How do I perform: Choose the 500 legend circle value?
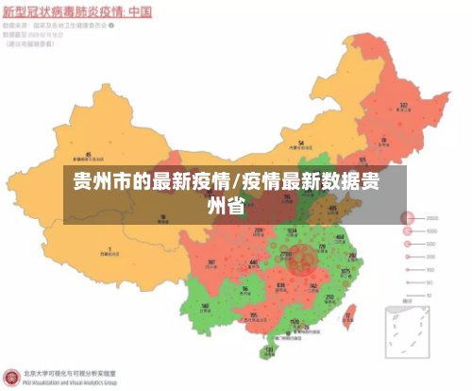pos(431,243)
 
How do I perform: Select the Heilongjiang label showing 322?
pos(403,105)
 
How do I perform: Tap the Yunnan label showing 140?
pos(206,305)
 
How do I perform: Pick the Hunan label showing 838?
pos(280,284)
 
